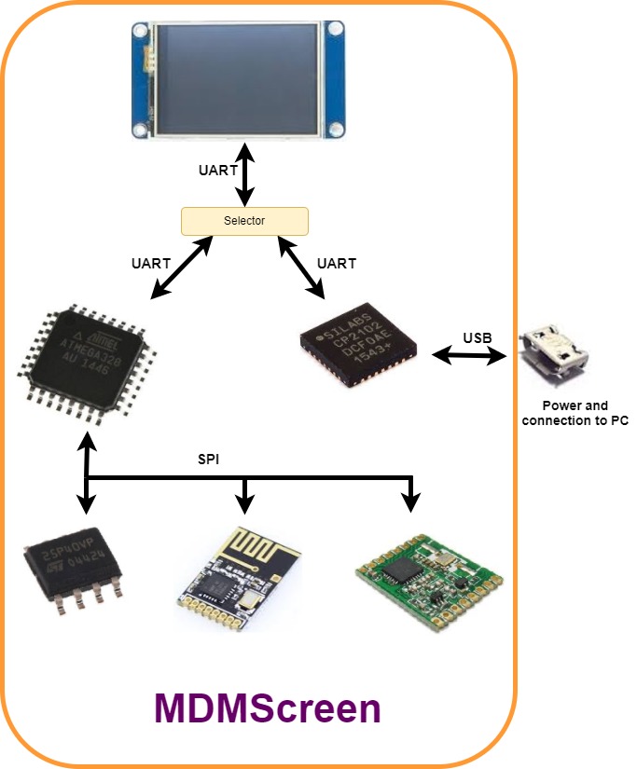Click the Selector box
pyautogui.click(x=244, y=221)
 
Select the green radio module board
pyautogui.click(x=430, y=582)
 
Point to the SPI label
pyautogui.click(x=209, y=460)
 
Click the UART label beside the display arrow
pyautogui.click(x=218, y=172)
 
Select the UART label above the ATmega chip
pyautogui.click(x=151, y=264)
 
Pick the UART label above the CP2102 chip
pyautogui.click(x=336, y=264)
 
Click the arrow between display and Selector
pyautogui.click(x=244, y=174)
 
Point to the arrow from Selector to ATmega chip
pyautogui.click(x=181, y=268)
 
